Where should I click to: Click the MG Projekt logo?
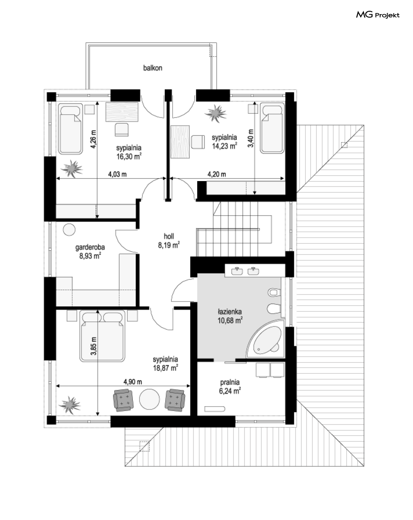(377, 15)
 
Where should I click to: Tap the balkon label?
(152, 68)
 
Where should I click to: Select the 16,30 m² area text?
(129, 156)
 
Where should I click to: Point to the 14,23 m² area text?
(225, 146)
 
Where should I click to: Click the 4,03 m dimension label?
(117, 174)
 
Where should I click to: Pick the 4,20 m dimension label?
(217, 174)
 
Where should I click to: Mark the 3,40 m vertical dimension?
(251, 138)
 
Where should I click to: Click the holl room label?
(169, 236)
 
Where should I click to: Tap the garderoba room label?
(90, 247)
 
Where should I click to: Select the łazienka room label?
(230, 312)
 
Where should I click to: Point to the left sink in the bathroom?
(237, 271)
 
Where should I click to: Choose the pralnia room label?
(230, 382)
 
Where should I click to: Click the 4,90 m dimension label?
(132, 382)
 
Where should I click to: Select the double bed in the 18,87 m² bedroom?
(102, 336)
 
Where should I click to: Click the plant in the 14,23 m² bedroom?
(215, 113)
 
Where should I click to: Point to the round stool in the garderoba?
(69, 229)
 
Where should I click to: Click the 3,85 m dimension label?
(93, 346)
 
